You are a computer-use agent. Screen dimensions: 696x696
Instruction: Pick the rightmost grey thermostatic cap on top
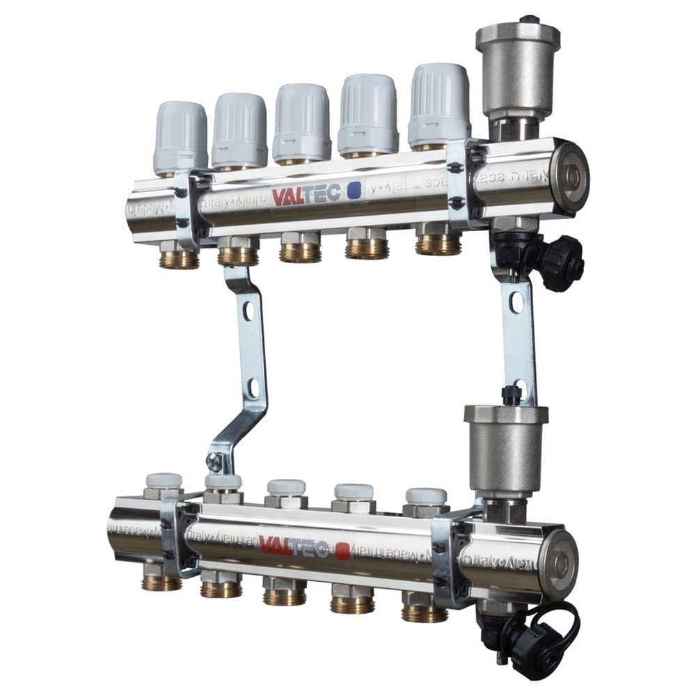(x=439, y=104)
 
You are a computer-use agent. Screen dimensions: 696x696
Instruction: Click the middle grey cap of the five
(x=301, y=122)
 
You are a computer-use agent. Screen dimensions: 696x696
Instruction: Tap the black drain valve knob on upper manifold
(x=562, y=264)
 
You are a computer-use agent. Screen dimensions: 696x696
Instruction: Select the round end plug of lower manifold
(x=560, y=564)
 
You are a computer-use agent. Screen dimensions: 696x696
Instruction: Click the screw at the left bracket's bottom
(x=215, y=461)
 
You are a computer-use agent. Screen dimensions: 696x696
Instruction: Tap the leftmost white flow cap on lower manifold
(x=164, y=480)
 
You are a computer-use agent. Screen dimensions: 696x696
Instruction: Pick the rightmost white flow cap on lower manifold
(x=426, y=496)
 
